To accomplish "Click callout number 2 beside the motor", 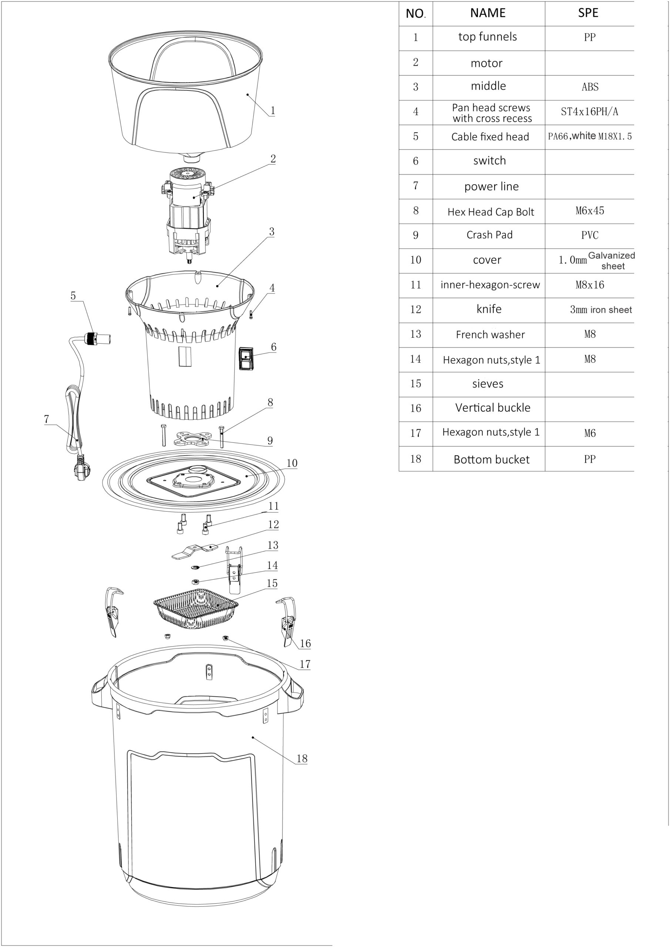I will pyautogui.click(x=273, y=159).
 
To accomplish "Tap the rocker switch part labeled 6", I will pyautogui.click(x=246, y=358).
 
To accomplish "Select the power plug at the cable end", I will pyautogui.click(x=81, y=469).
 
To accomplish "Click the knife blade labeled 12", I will pyautogui.click(x=195, y=551).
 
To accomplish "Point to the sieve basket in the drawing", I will pyautogui.click(x=196, y=608).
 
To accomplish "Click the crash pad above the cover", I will pyautogui.click(x=192, y=439).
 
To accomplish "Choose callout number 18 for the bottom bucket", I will pyautogui.click(x=302, y=758).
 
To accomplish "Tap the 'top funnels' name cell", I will pyautogui.click(x=488, y=37).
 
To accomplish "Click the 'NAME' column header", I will pyautogui.click(x=488, y=13).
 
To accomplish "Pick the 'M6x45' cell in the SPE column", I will pyautogui.click(x=590, y=211).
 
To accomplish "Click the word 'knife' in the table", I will pyautogui.click(x=489, y=309).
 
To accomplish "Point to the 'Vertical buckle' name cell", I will pyautogui.click(x=492, y=408).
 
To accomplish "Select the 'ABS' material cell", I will pyautogui.click(x=590, y=87).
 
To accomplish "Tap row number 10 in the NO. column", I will pyautogui.click(x=415, y=260).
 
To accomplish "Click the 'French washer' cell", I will pyautogui.click(x=490, y=334).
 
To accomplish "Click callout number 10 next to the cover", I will pyautogui.click(x=292, y=463).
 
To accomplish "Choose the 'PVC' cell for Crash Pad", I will pyautogui.click(x=590, y=236).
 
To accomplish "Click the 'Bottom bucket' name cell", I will pyautogui.click(x=491, y=459).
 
